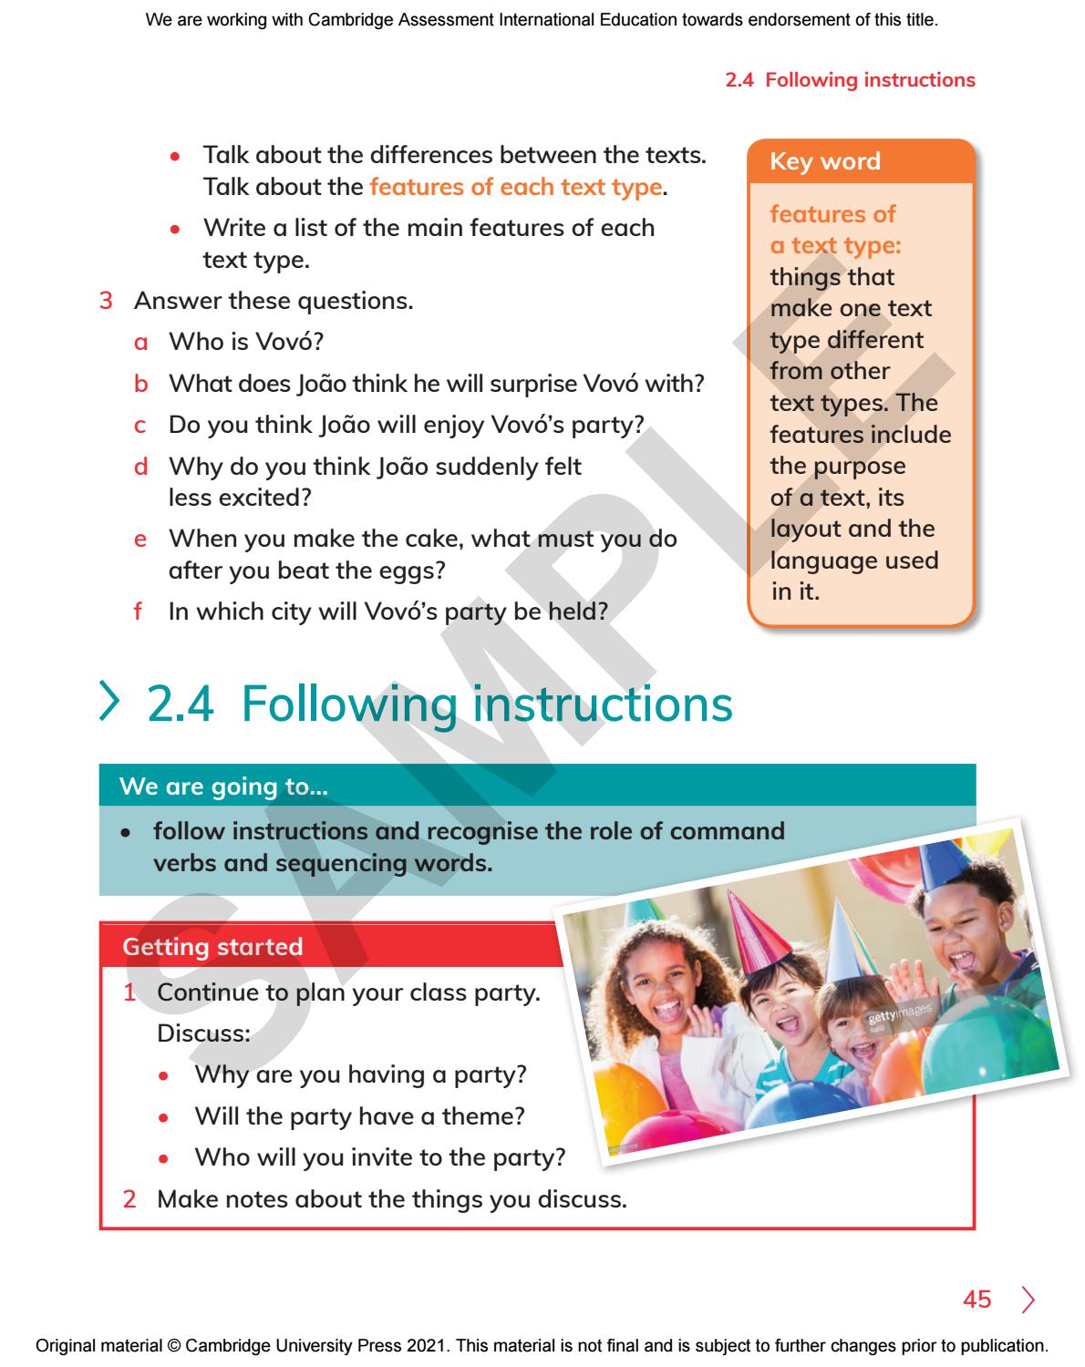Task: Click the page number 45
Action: click(x=976, y=1299)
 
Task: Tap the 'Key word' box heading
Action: click(x=825, y=161)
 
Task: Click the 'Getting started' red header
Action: click(x=212, y=947)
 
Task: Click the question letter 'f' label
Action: click(x=139, y=611)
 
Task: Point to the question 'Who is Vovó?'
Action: click(x=246, y=342)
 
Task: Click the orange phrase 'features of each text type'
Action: click(x=515, y=187)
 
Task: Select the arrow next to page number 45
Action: click(x=1028, y=1299)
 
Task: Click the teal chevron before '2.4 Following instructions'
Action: click(x=111, y=704)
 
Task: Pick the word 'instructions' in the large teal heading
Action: click(x=602, y=704)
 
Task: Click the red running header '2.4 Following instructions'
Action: click(x=850, y=80)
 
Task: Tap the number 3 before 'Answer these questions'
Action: click(x=105, y=300)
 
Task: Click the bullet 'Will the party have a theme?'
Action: click(x=359, y=1115)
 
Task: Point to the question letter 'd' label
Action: click(x=140, y=468)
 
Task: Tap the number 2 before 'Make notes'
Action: click(x=129, y=1198)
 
